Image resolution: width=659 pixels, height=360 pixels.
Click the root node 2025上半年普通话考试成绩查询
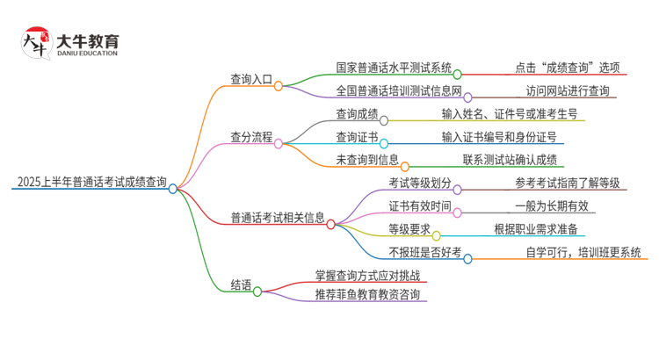[91, 183]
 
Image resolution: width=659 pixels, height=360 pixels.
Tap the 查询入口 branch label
[250, 85]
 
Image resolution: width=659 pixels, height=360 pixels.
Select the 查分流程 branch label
[250, 137]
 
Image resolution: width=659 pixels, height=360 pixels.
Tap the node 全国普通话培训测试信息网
[399, 90]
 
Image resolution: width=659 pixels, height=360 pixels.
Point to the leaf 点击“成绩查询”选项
[568, 68]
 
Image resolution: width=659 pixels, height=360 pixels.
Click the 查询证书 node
[357, 137]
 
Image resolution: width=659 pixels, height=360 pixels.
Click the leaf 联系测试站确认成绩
[514, 160]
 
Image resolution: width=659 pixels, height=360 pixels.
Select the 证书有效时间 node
[420, 206]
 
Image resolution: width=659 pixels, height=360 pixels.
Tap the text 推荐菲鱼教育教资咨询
[367, 294]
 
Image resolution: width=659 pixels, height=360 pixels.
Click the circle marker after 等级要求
[437, 236]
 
